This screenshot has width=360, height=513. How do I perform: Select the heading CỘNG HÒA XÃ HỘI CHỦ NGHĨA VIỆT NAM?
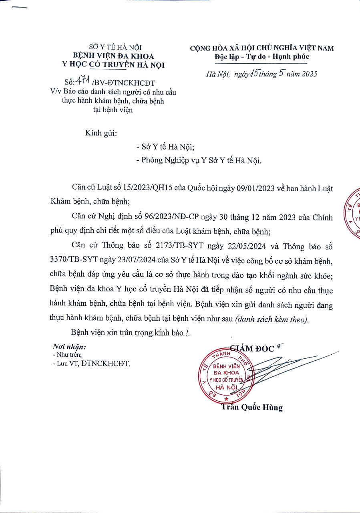(262, 48)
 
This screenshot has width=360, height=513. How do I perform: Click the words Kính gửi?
(101, 133)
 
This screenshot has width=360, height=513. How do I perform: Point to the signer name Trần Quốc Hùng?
(252, 408)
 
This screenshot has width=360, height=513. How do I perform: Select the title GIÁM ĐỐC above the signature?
(252, 348)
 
